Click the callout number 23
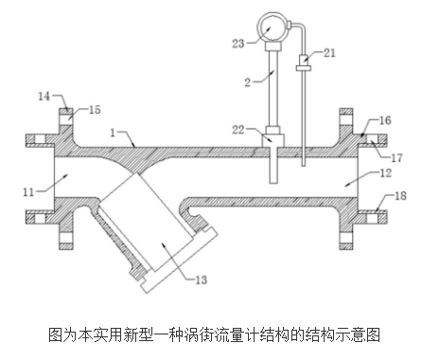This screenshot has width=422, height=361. pos(238,44)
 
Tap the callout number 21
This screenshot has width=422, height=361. pos(329,53)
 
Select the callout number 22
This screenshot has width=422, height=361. pos(238,130)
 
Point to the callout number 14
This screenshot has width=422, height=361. pos(44,96)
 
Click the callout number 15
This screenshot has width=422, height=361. pos(95,110)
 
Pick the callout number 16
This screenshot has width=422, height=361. pos(385,120)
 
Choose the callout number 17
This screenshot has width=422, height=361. pos(396,157)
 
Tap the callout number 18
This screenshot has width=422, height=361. pos(400,196)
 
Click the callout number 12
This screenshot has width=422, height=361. pos(386,172)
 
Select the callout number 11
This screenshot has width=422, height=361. pos(28,191)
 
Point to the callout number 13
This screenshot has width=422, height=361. pos(201,280)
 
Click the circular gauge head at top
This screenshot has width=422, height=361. pos(273,27)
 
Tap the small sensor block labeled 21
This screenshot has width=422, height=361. pos(304,60)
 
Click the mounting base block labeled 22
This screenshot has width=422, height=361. pos(273,141)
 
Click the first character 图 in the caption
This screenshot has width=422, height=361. pos(56,335)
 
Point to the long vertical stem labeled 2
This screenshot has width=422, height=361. pos(273,88)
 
